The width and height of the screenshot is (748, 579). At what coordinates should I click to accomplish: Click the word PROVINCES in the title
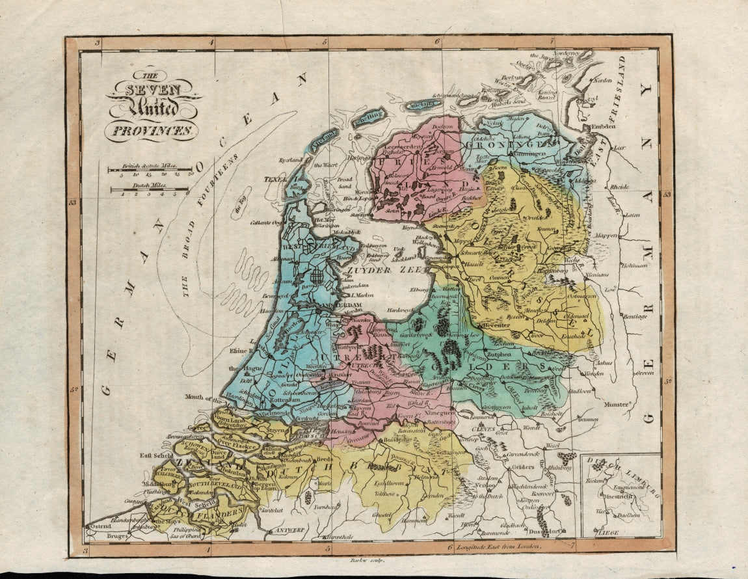150,131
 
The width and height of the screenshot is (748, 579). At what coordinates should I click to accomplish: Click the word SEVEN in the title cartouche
154,90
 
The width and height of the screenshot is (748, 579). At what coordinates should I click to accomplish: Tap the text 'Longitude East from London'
500,547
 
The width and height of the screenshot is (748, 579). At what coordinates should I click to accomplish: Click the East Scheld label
157,456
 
